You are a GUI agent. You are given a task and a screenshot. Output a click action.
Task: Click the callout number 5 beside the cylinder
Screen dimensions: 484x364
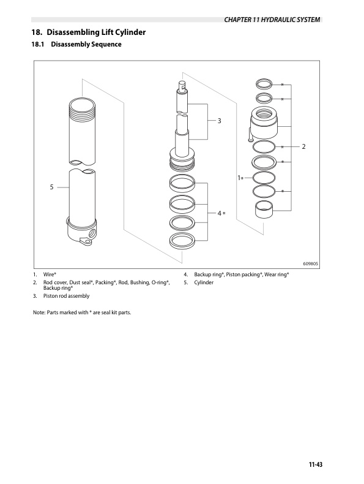(52, 187)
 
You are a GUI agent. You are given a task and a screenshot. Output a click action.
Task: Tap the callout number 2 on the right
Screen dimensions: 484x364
(303, 147)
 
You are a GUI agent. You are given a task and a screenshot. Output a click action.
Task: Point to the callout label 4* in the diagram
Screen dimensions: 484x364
(221, 212)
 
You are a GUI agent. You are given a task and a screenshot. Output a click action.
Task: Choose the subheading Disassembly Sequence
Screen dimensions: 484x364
(86, 45)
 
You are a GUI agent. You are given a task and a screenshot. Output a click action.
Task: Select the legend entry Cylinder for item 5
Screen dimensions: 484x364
(204, 282)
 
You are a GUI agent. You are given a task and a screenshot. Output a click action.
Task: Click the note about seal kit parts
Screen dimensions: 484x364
(83, 312)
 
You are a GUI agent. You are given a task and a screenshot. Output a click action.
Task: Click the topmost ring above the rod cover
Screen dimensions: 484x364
(264, 84)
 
